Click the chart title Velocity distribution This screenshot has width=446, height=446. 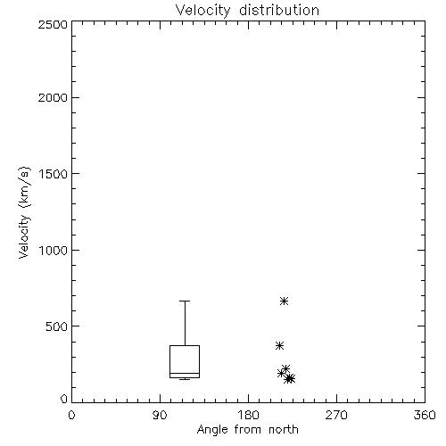pyautogui.click(x=247, y=10)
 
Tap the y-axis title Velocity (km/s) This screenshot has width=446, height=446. pyautogui.click(x=24, y=212)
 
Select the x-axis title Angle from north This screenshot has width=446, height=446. pyautogui.click(x=247, y=430)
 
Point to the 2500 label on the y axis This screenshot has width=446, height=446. pyautogui.click(x=53, y=24)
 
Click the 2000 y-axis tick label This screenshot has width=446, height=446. pyautogui.click(x=53, y=97)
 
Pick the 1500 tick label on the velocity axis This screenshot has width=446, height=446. pyautogui.click(x=54, y=174)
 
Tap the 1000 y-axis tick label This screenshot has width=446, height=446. pyautogui.click(x=54, y=251)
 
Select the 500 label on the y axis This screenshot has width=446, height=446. pyautogui.click(x=57, y=326)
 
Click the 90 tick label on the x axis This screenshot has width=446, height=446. pyautogui.click(x=160, y=415)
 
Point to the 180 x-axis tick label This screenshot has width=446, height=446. pyautogui.click(x=248, y=415)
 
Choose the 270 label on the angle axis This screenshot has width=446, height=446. pyautogui.click(x=336, y=415)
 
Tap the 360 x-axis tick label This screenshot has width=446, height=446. pyautogui.click(x=425, y=415)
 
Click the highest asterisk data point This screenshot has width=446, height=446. pyautogui.click(x=284, y=301)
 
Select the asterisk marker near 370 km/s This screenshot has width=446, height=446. pyautogui.click(x=279, y=346)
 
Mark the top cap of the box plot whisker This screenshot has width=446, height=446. pyautogui.click(x=185, y=301)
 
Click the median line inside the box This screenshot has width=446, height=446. pyautogui.click(x=185, y=373)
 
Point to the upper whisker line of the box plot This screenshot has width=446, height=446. pyautogui.click(x=185, y=323)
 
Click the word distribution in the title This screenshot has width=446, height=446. pyautogui.click(x=279, y=10)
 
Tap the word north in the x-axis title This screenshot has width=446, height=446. pyautogui.click(x=284, y=430)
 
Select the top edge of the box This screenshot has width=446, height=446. pyautogui.click(x=185, y=345)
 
